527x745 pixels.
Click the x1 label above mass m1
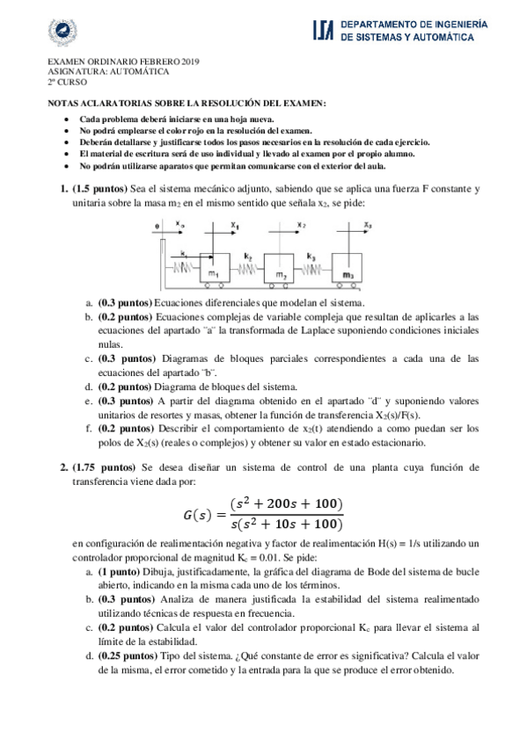point(235,225)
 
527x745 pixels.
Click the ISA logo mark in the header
point(322,32)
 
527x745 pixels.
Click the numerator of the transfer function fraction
point(285,503)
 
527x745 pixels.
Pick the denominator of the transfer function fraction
point(285,524)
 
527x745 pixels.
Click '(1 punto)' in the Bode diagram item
point(121,571)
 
